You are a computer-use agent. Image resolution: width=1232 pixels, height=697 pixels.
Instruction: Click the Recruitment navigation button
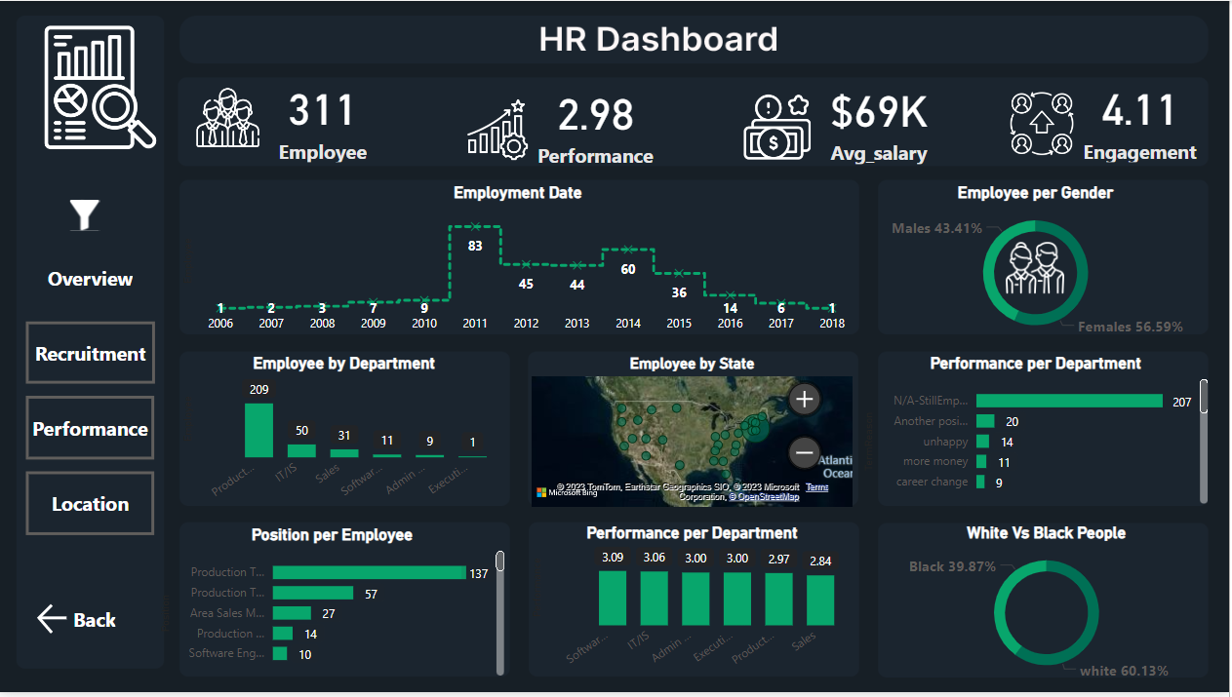(x=90, y=354)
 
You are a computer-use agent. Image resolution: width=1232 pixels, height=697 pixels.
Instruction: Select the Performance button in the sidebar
(x=90, y=429)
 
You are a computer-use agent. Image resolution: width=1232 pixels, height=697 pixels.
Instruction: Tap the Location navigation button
(x=90, y=504)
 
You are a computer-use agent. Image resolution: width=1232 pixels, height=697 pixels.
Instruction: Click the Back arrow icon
(x=51, y=619)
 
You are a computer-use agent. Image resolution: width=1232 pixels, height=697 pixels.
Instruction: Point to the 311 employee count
(x=321, y=110)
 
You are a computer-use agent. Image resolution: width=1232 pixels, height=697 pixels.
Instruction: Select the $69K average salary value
(x=878, y=112)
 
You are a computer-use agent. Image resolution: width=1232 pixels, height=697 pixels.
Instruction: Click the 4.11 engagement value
(x=1138, y=110)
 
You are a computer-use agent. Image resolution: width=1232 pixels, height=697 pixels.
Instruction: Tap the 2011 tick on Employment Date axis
(x=475, y=324)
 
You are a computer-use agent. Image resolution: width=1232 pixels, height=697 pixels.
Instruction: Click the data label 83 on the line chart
(x=475, y=246)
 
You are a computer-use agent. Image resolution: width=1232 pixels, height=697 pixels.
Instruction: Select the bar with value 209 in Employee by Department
(x=258, y=430)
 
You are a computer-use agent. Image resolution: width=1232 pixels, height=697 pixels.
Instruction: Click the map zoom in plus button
(x=804, y=399)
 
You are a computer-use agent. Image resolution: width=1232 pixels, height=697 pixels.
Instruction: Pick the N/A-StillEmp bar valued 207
(x=1069, y=401)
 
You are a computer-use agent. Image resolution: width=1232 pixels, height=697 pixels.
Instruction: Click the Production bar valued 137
(x=369, y=573)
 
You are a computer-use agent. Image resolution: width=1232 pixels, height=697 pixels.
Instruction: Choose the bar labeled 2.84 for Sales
(x=820, y=600)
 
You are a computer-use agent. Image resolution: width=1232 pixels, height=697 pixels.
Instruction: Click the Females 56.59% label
(x=1130, y=327)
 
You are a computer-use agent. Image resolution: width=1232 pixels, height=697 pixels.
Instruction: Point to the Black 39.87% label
(x=951, y=566)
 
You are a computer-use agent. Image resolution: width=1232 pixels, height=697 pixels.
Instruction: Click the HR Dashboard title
(x=658, y=39)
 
